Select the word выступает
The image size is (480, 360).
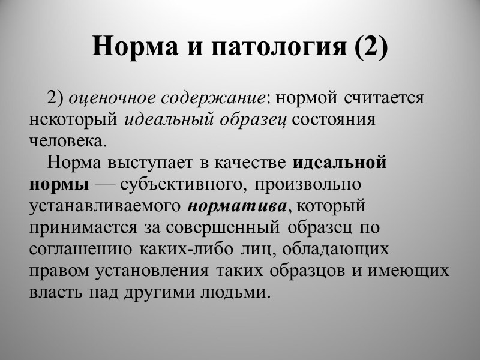pos(144,163)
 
